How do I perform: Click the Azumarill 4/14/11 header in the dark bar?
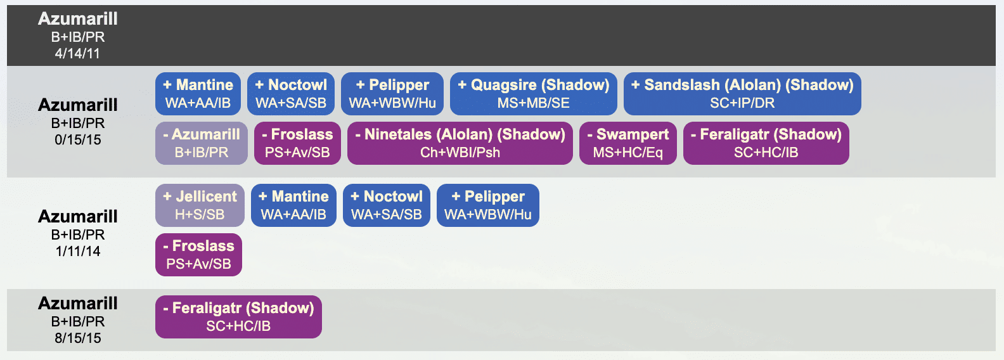pyautogui.click(x=78, y=35)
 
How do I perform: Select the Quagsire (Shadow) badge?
pyautogui.click(x=533, y=94)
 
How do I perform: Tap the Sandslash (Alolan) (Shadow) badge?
pyautogui.click(x=742, y=94)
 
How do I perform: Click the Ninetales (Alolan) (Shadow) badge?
pyautogui.click(x=460, y=143)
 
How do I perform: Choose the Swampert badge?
pyautogui.click(x=627, y=143)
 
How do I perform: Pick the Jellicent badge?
pyautogui.click(x=200, y=205)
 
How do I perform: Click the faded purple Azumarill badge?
pyautogui.click(x=202, y=143)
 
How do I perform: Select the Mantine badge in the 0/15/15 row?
pyautogui.click(x=198, y=94)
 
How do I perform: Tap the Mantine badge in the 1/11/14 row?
pyautogui.click(x=293, y=205)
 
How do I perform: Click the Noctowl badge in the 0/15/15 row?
pyautogui.click(x=291, y=94)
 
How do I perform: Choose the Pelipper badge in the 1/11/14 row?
pyautogui.click(x=488, y=205)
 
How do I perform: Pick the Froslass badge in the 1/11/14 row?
pyautogui.click(x=198, y=255)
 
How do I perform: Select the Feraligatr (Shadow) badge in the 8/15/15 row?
pyautogui.click(x=238, y=317)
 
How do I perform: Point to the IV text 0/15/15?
pyautogui.click(x=78, y=140)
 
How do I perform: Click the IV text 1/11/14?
pyautogui.click(x=78, y=252)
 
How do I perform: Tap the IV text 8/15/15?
pyautogui.click(x=78, y=338)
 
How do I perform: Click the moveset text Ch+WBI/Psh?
pyautogui.click(x=460, y=153)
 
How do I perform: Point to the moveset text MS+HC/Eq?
pyautogui.click(x=627, y=153)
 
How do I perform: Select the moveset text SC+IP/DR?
pyautogui.click(x=742, y=103)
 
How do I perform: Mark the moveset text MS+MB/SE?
pyautogui.click(x=533, y=103)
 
